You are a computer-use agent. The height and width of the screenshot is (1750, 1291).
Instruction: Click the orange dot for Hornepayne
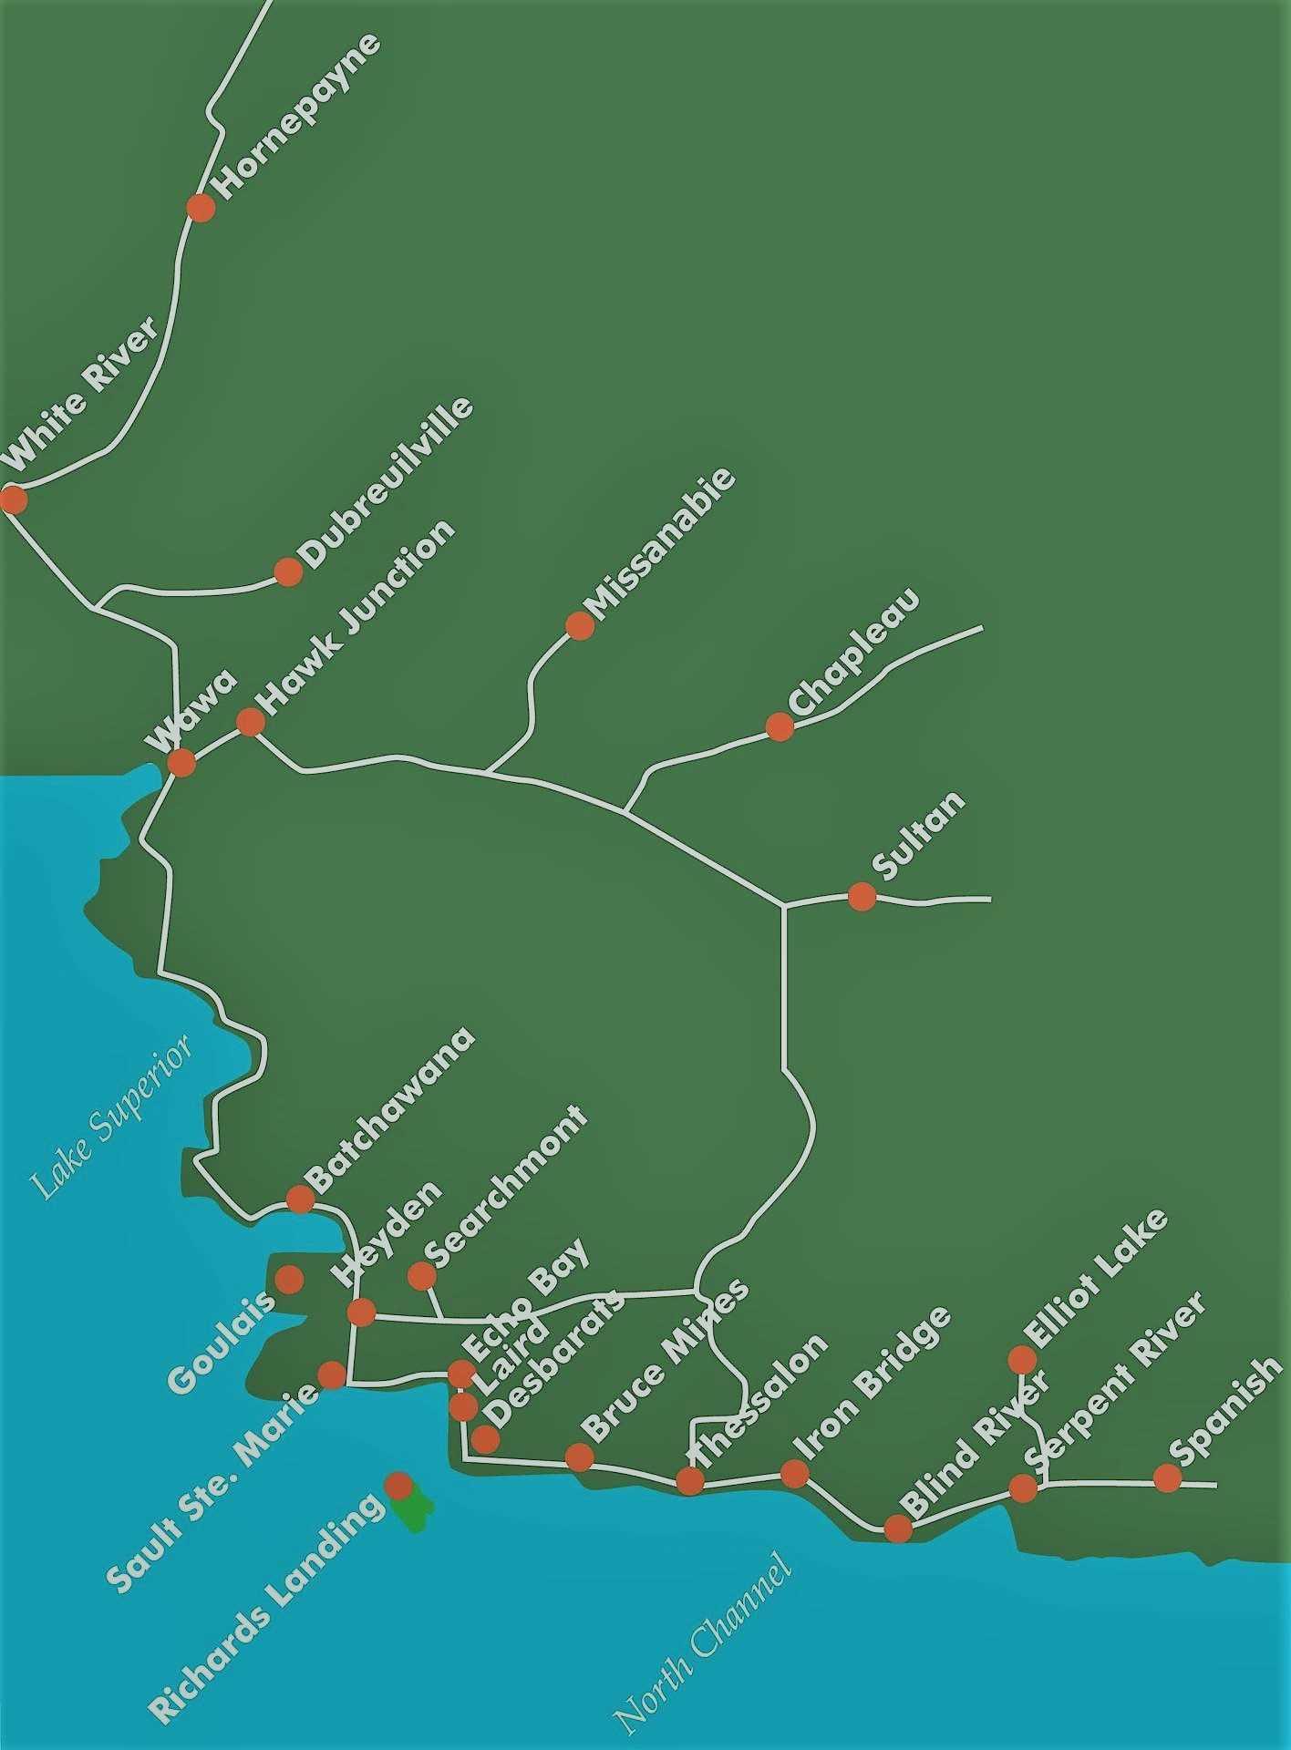[x=201, y=208]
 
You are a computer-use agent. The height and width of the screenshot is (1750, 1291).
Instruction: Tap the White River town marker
[x=13, y=499]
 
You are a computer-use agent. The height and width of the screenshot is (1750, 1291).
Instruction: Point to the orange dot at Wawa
[x=181, y=762]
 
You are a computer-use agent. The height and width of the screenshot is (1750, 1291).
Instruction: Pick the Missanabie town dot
[x=580, y=625]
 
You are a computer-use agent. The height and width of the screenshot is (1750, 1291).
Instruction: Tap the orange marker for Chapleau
[x=780, y=726]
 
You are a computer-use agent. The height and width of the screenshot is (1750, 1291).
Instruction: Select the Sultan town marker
[x=862, y=897]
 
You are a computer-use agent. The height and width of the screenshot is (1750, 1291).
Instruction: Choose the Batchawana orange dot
[x=300, y=1199]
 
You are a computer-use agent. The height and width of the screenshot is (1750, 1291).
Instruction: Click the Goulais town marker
[x=289, y=1280]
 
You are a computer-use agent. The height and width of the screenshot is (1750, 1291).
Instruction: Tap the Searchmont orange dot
[x=421, y=1276]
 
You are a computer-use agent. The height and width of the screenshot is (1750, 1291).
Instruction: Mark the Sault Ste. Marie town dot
[x=331, y=1374]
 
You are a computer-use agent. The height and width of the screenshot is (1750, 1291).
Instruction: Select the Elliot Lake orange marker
[x=1022, y=1360]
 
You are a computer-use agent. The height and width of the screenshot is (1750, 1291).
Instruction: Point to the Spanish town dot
[x=1167, y=1477]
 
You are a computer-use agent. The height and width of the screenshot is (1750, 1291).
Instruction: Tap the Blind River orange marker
[x=898, y=1528]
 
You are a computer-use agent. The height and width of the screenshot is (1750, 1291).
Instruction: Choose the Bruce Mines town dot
[x=580, y=1457]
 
